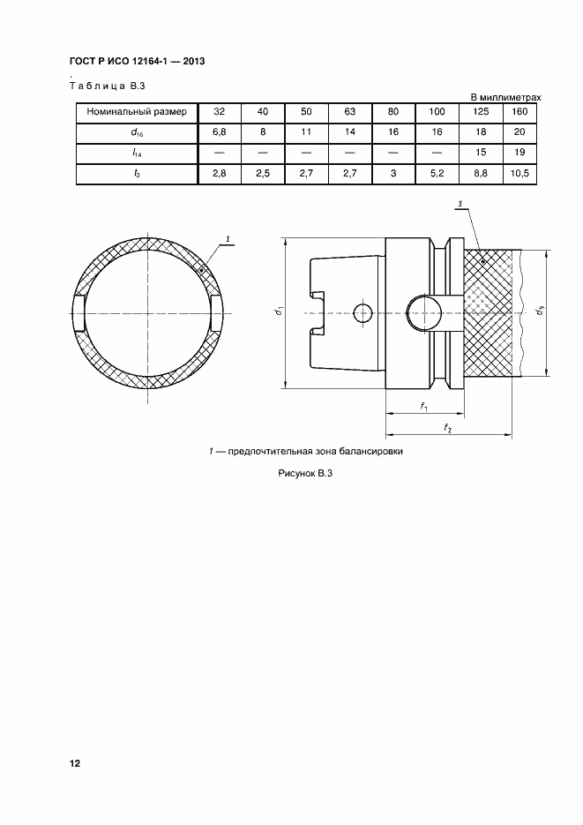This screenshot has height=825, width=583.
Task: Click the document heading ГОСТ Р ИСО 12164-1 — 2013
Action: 138,61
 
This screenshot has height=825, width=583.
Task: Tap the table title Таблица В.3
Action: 108,86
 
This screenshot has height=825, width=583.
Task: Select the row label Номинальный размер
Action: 137,111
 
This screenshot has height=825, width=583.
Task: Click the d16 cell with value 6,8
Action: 220,132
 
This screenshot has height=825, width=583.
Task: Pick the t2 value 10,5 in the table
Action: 519,173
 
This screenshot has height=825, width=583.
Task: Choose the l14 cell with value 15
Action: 481,152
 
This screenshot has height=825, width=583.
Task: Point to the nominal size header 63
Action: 350,111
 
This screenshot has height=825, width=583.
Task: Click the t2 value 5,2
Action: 437,173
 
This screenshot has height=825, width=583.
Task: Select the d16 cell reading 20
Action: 519,132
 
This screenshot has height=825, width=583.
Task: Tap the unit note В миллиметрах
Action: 505,97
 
